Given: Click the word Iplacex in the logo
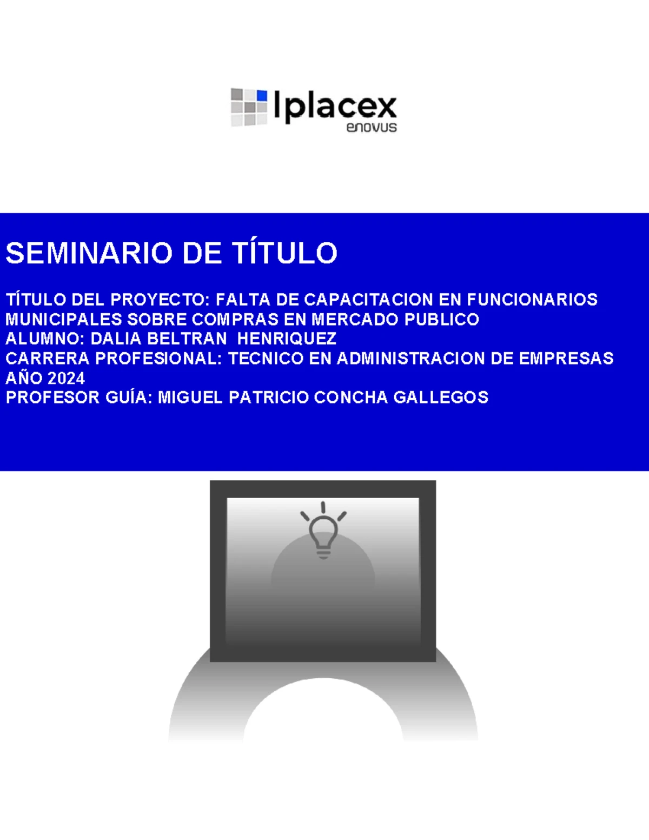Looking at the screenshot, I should tap(335, 106).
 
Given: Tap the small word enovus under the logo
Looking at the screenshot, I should tap(372, 128).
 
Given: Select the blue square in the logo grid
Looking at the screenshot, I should tap(262, 96).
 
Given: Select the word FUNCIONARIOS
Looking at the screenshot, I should tap(532, 300).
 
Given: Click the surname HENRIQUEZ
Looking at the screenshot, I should tap(287, 339).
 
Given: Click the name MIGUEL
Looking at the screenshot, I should tap(190, 398).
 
